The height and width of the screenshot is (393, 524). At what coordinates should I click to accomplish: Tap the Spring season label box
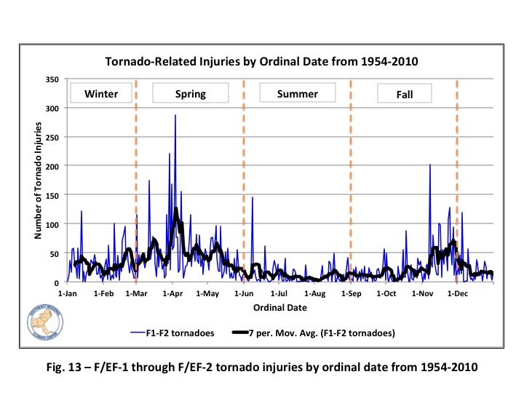point(190,94)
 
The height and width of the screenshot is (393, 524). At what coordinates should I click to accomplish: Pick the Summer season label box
point(298,94)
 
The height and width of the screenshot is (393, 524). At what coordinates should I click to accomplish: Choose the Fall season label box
point(404,94)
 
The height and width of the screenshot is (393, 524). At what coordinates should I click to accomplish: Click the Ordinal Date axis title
point(279,307)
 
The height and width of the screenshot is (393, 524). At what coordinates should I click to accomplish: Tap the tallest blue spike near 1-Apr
point(175,116)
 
